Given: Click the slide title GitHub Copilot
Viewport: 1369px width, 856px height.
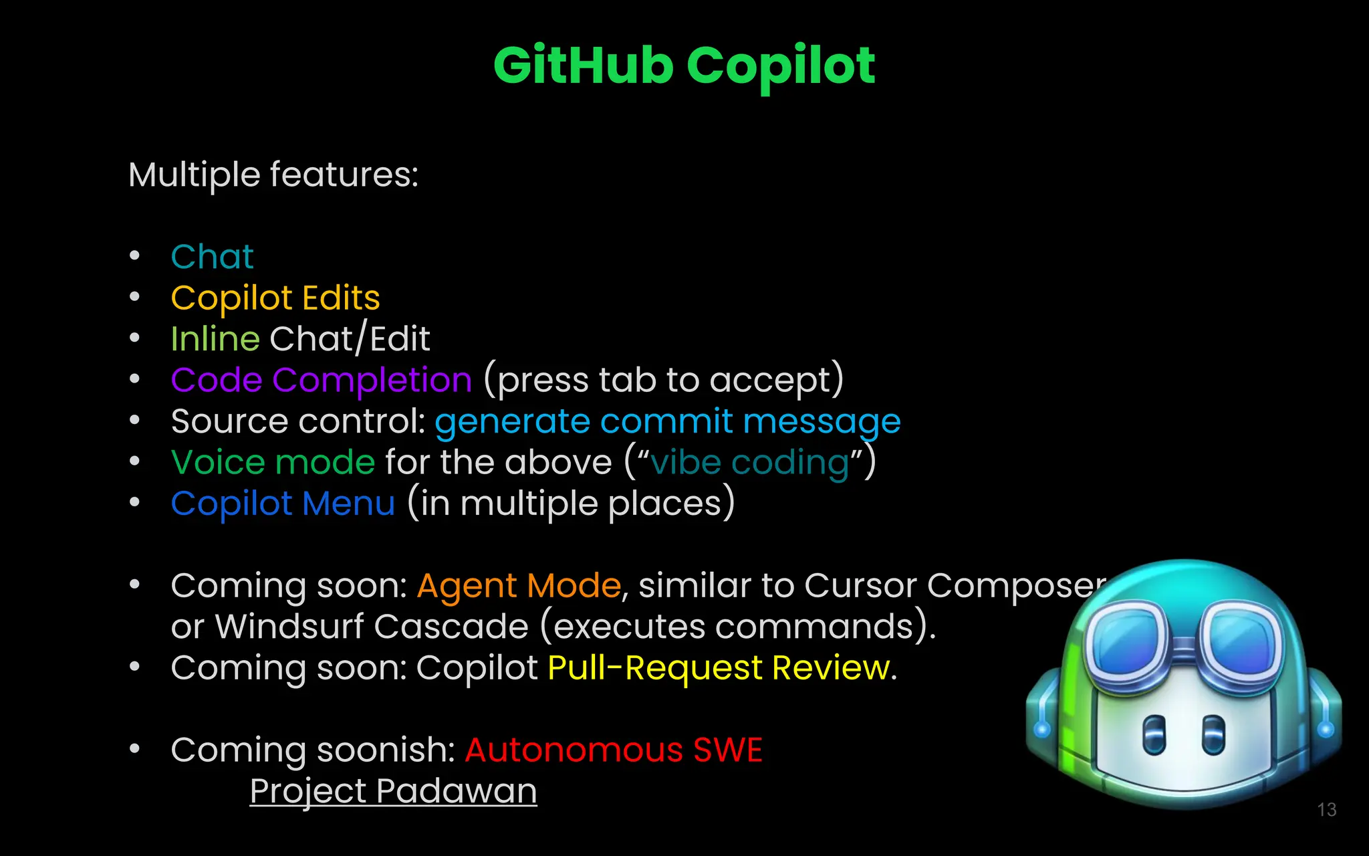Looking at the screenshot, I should coord(684,66).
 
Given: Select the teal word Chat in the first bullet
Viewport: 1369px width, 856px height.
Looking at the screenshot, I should coord(212,257).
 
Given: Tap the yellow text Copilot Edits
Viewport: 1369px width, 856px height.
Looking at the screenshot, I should coord(275,298).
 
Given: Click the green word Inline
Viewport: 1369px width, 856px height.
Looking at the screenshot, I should coord(215,339).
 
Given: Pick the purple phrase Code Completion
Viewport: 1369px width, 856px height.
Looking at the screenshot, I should coord(321,381).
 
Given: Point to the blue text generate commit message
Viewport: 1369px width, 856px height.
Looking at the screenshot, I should coord(667,422).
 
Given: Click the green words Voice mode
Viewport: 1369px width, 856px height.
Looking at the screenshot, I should coord(273,463).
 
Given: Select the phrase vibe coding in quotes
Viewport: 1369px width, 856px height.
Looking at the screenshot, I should coord(749,463).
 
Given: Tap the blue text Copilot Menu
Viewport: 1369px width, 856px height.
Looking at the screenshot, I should coord(283,504).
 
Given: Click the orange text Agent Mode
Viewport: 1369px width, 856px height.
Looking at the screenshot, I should coord(519,586).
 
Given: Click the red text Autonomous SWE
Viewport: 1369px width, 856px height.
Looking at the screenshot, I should coord(613,750).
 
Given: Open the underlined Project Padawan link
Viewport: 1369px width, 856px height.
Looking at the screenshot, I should coord(393,791).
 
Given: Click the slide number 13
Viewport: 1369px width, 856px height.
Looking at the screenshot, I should coord(1326,810).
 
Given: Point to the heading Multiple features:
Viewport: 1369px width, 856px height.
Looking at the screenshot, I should coord(273,175).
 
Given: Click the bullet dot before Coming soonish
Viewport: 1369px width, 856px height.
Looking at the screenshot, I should coord(135,749).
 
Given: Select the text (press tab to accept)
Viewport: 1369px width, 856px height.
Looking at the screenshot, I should coord(663,381).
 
